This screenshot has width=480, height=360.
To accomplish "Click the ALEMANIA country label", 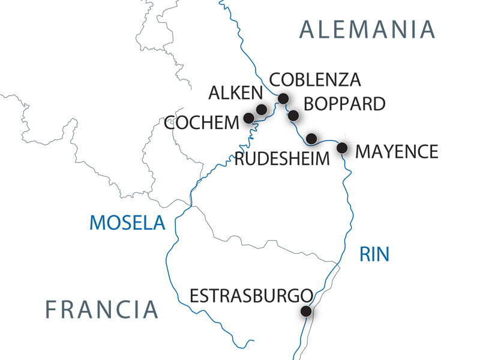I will pos(367,29).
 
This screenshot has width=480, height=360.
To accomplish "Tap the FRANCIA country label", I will pos(102,310).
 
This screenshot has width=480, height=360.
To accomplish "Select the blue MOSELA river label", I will pos(127,223).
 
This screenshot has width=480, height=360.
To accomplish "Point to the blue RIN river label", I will pos(374,254).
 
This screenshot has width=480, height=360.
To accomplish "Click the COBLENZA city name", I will pos(315,80).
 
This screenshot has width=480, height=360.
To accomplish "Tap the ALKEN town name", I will pos(235,93).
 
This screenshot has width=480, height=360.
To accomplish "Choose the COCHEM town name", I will pos(201,124).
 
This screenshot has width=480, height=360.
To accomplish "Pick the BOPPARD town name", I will pos(344,104).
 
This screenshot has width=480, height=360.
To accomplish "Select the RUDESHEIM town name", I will pos(283,159).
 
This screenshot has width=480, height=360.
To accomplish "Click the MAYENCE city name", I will pos(397,151).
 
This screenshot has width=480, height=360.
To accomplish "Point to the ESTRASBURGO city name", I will pos(251,296).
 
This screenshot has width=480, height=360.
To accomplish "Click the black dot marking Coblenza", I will pos(283,98).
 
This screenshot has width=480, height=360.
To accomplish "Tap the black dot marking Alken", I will pos(262,109).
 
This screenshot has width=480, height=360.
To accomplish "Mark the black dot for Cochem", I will pos(248,118).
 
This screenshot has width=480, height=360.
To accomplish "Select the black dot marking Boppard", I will pos(293,115).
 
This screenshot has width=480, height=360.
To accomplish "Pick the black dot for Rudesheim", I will pos(311,139).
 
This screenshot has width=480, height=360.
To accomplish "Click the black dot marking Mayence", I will pos(343,147).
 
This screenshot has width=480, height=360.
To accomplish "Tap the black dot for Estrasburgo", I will pos(306,311).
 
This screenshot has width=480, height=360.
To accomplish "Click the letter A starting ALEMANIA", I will pos(308,29).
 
